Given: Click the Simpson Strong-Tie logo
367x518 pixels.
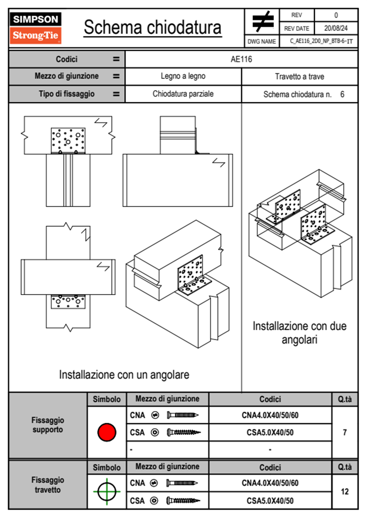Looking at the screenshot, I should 35,28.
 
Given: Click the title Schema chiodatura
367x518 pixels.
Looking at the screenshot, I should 153,27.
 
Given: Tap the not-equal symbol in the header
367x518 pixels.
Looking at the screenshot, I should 263,22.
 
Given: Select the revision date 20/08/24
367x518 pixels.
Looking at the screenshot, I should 336,28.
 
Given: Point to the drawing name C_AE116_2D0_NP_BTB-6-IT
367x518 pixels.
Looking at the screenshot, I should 321,41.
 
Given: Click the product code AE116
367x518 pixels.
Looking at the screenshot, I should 241,59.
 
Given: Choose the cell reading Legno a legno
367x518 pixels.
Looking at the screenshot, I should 183,76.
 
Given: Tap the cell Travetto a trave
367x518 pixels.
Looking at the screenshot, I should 299,76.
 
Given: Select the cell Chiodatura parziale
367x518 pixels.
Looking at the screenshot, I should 183,94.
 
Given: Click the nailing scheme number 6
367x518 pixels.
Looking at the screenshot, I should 342,94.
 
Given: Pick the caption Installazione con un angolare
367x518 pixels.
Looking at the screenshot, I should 124,375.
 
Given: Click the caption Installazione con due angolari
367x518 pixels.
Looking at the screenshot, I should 299,333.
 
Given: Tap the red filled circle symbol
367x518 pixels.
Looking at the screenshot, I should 107,432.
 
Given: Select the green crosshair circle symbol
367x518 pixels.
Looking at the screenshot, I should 107,492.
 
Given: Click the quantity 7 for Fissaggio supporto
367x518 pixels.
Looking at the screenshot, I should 344,432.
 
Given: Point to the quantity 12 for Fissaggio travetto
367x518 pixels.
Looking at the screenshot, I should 344,492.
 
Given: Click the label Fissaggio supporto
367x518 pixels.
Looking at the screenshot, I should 48,425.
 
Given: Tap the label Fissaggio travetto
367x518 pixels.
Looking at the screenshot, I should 48,485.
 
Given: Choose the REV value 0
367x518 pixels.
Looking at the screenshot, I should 336,15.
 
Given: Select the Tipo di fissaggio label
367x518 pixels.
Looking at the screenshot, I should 67,94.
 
